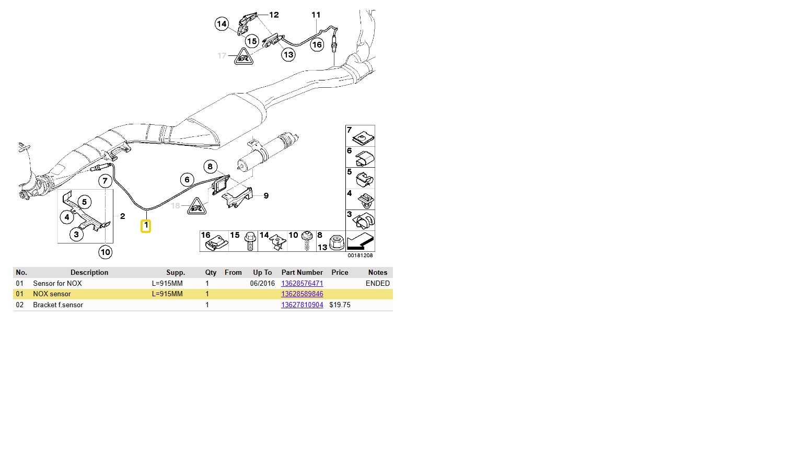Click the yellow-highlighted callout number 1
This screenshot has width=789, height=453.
click(145, 226)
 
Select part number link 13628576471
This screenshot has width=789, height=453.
click(302, 283)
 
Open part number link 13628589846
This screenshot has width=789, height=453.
click(302, 294)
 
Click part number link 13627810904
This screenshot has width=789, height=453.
click(302, 305)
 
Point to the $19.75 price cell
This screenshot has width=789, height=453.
click(340, 305)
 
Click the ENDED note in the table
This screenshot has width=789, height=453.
click(378, 283)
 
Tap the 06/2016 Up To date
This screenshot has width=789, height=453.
click(262, 283)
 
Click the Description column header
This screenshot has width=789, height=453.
click(89, 272)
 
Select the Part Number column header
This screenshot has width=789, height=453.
click(302, 272)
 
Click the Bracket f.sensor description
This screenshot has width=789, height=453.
click(58, 305)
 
